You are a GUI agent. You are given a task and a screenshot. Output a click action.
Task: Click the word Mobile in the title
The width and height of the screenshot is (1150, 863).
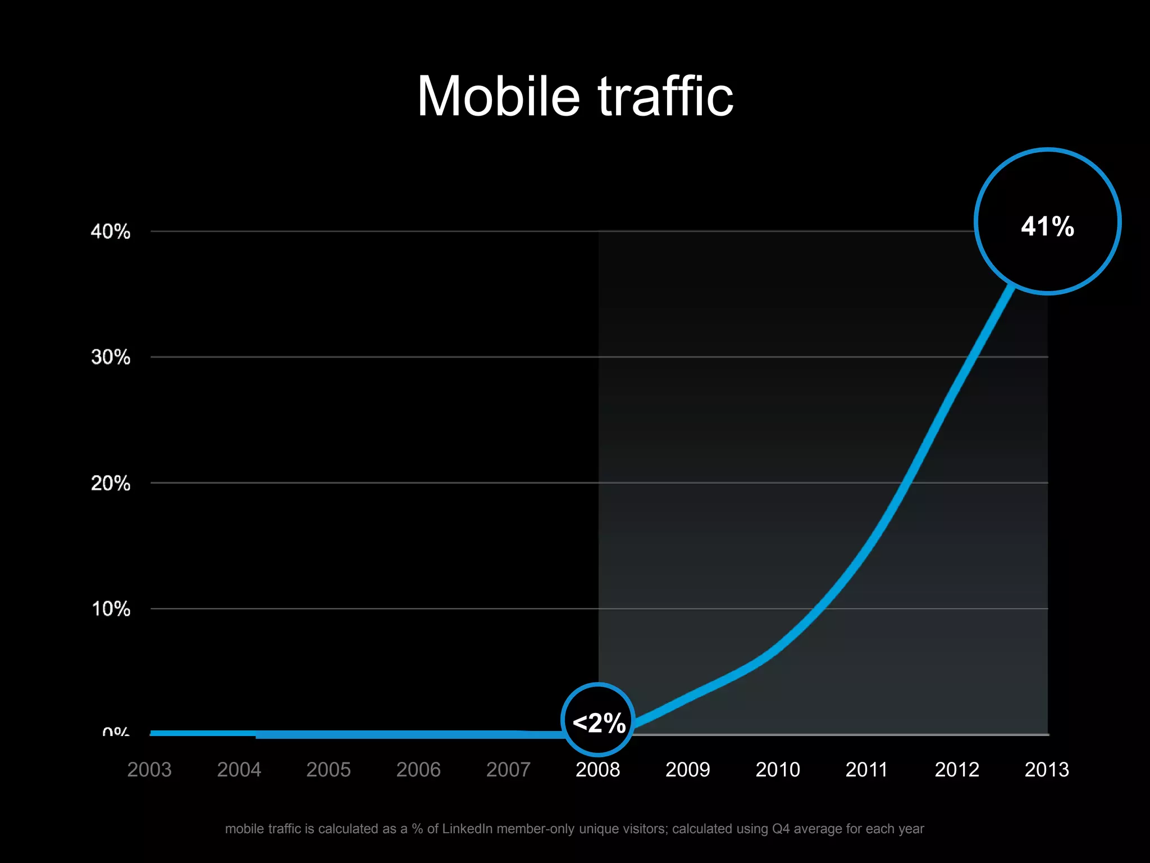coord(498,97)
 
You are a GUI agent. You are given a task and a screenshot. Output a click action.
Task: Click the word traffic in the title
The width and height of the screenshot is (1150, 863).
coord(665,97)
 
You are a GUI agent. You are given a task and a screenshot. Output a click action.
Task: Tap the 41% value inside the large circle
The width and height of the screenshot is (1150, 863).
coord(1047,226)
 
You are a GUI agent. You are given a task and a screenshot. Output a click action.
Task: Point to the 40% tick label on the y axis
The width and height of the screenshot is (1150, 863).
coord(111,231)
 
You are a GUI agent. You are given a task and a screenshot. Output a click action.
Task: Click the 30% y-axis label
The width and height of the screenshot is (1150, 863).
coord(111,357)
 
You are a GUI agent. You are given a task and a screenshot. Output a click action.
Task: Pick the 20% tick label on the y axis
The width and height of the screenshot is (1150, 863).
coord(111,483)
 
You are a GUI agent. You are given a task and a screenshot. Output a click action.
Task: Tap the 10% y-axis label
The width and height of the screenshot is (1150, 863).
coord(111,609)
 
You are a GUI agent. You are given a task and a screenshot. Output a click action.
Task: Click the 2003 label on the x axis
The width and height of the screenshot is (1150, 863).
coord(149,769)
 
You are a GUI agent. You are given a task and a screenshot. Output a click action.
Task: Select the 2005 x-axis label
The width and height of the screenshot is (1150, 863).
coord(328,769)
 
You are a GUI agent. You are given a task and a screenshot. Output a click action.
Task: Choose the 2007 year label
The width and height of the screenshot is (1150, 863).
coord(508,769)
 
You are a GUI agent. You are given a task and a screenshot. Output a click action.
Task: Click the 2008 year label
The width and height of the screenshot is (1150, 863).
coord(597,769)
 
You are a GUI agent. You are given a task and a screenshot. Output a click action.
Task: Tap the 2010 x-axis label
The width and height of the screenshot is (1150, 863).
coord(777,769)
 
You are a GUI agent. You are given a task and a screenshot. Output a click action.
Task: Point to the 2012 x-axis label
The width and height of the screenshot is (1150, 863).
coord(957,769)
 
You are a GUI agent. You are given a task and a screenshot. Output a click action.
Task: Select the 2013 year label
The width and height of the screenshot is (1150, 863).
coord(1047,769)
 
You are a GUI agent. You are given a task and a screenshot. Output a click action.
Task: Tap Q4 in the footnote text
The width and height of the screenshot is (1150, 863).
coord(781,829)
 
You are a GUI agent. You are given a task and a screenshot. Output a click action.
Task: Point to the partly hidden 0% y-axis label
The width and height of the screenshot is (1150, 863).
coord(116,732)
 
